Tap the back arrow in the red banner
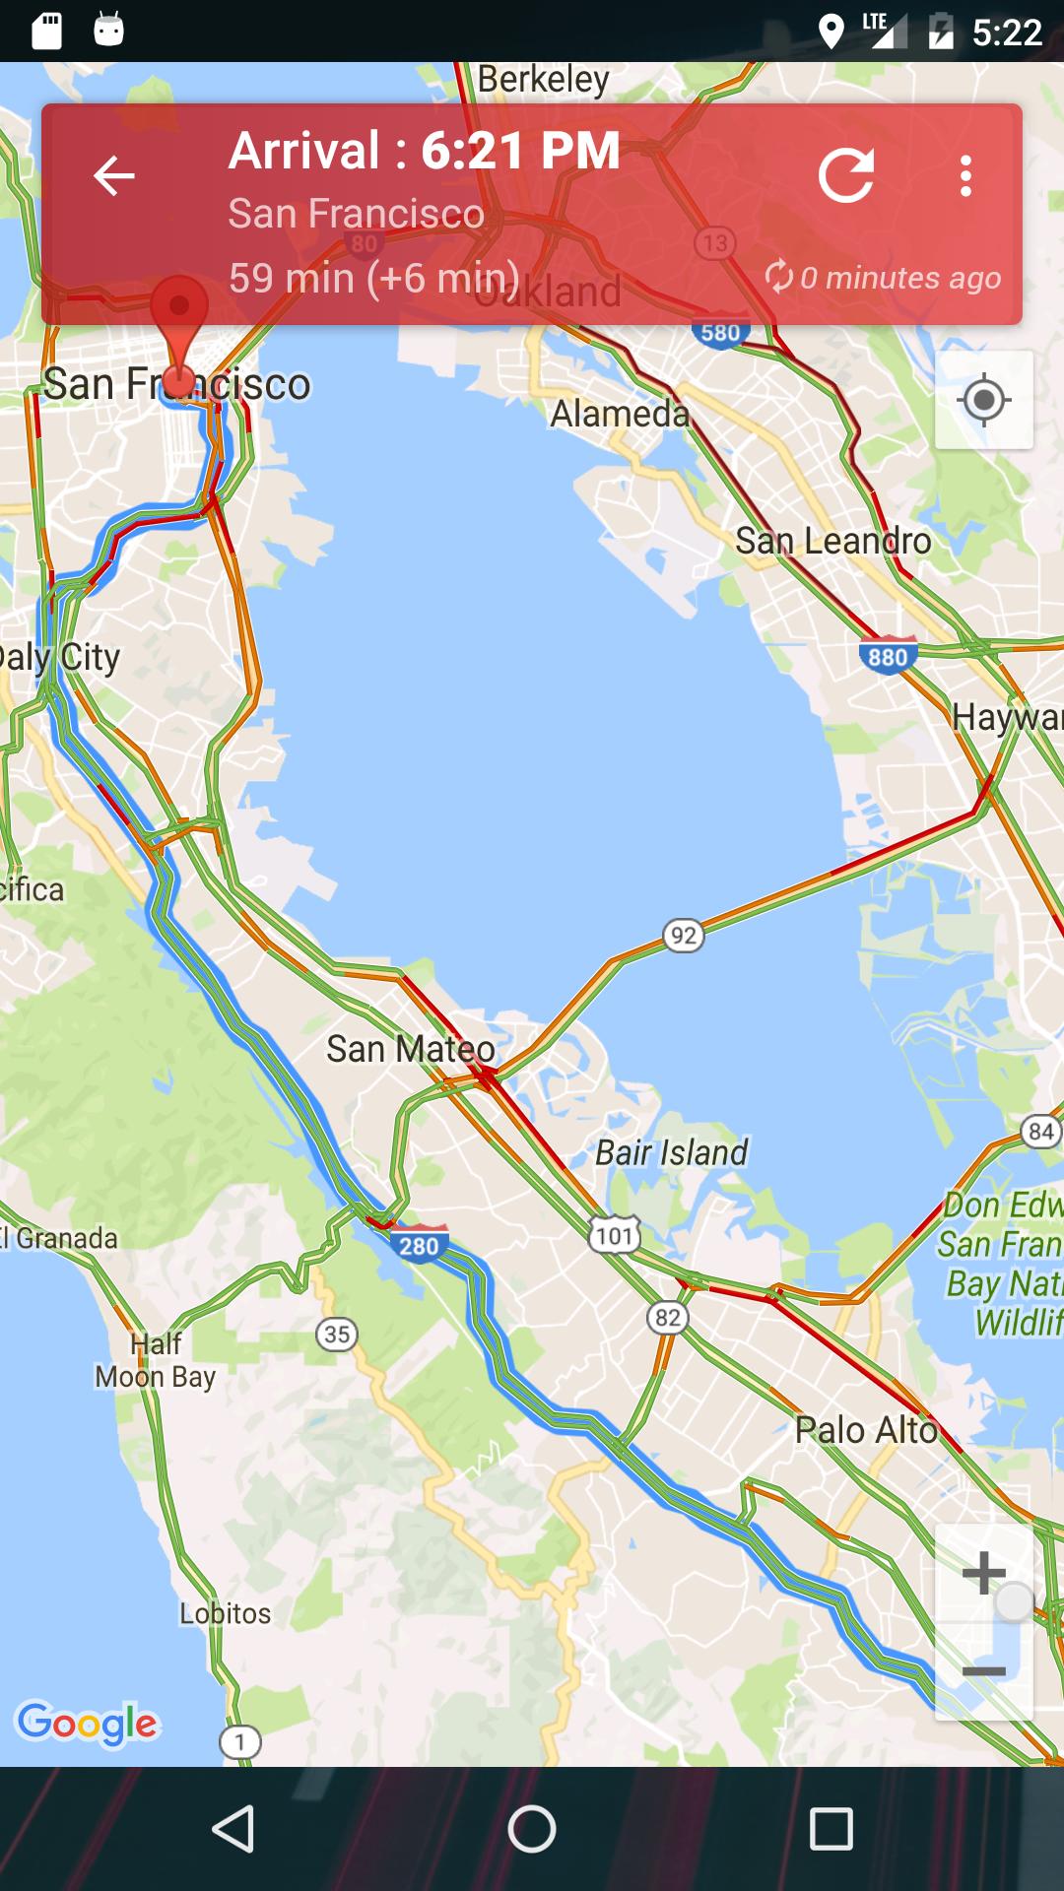(x=113, y=176)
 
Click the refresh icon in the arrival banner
(x=846, y=176)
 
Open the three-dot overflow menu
(x=965, y=176)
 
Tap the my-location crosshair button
(x=983, y=401)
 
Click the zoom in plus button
(x=983, y=1573)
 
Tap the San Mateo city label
(x=410, y=1049)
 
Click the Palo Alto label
(x=866, y=1430)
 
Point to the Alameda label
(x=620, y=414)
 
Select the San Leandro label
(x=832, y=541)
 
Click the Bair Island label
(x=671, y=1152)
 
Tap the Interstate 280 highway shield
(x=419, y=1245)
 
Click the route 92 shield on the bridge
(x=683, y=935)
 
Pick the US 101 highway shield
(x=615, y=1235)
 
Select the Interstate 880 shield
(x=888, y=656)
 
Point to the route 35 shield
(x=337, y=1335)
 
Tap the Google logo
(x=88, y=1723)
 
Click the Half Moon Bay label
(x=155, y=1360)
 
